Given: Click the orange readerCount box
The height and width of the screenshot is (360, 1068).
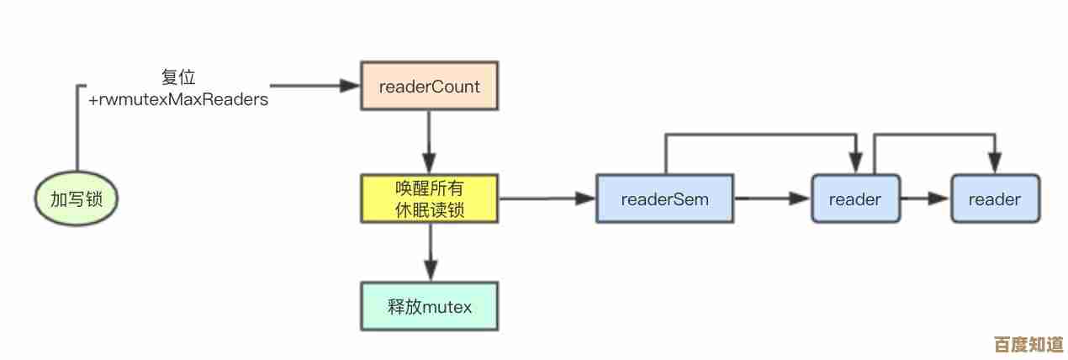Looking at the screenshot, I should click(x=429, y=86).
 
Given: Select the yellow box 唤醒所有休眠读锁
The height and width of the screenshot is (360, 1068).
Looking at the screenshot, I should click(x=429, y=199).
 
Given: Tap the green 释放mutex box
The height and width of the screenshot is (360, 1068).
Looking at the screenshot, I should click(x=429, y=306).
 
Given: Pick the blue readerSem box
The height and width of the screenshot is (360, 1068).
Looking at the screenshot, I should click(x=664, y=199).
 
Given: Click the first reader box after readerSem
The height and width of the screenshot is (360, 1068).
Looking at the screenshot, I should click(x=854, y=199).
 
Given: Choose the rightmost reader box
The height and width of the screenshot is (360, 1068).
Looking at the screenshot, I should click(x=995, y=199).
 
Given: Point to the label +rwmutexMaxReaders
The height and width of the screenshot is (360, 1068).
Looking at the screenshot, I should click(x=178, y=99).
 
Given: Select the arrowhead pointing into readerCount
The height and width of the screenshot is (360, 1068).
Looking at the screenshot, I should click(x=352, y=86).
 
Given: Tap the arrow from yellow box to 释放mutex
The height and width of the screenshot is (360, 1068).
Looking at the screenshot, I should click(x=429, y=253).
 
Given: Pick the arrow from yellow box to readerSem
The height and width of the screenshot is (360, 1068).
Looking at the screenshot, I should click(x=547, y=199).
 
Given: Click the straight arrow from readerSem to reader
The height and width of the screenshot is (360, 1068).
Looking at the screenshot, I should click(x=772, y=199).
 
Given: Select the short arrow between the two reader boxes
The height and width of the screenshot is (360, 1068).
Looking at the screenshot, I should click(x=926, y=199).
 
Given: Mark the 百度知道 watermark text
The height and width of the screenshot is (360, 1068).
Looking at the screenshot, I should click(x=1028, y=345).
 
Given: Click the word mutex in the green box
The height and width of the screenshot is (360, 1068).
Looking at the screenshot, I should click(x=447, y=306).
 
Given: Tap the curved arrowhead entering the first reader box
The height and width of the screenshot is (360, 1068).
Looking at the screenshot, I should click(x=856, y=163).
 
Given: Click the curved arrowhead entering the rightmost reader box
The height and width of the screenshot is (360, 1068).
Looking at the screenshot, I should click(x=996, y=163).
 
